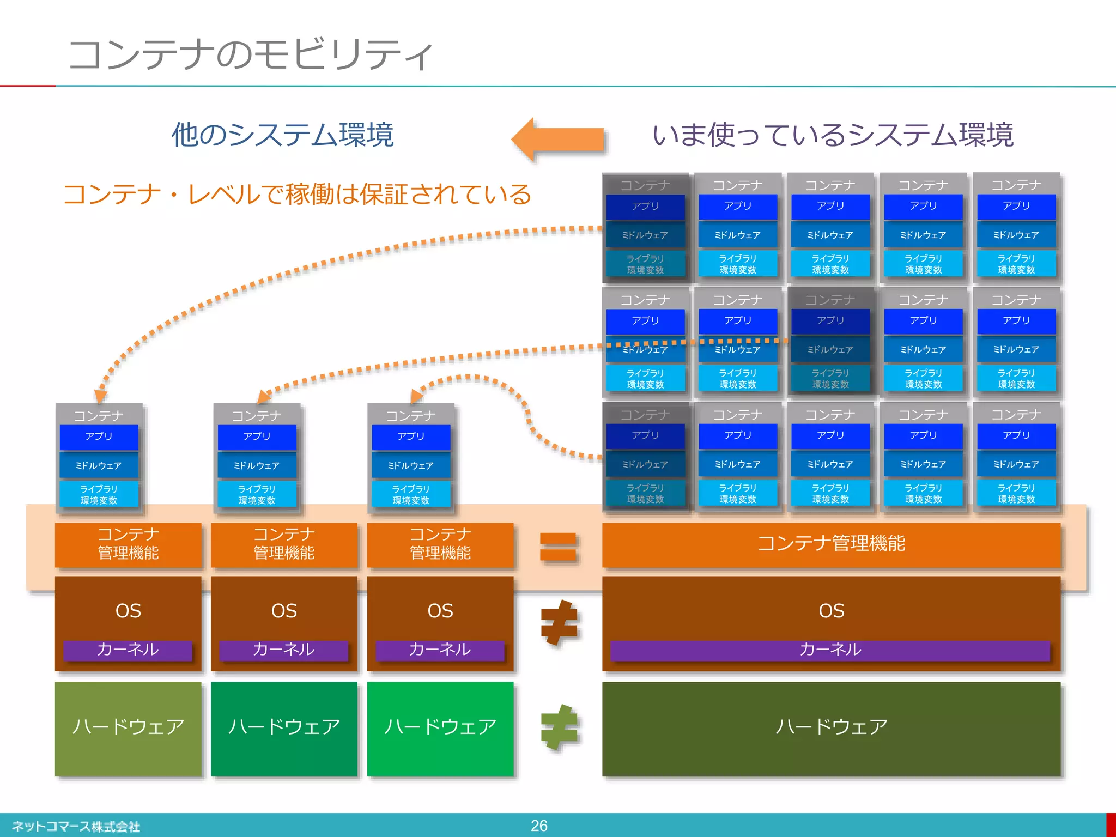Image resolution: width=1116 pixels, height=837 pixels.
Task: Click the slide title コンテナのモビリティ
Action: [x=251, y=54]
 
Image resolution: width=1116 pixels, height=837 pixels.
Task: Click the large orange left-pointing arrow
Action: [x=559, y=139]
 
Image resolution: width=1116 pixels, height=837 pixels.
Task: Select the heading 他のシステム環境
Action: [x=282, y=135]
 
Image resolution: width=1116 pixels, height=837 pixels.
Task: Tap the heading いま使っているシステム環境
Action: [x=833, y=135]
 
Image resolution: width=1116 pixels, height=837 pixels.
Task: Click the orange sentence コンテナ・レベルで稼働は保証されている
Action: [x=297, y=195]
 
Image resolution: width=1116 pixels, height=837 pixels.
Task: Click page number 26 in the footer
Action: [x=539, y=826]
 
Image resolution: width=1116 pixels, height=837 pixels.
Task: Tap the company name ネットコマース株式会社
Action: [x=76, y=827]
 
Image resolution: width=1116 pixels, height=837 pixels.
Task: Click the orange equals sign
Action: [x=558, y=547]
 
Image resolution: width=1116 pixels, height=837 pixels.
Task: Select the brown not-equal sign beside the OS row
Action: [x=559, y=622]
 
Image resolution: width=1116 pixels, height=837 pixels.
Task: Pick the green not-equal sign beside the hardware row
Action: [x=559, y=727]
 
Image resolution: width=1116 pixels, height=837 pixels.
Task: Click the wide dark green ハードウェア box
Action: [x=831, y=728]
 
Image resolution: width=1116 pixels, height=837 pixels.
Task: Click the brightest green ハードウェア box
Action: [x=440, y=728]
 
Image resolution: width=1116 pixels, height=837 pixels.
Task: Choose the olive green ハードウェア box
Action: [x=128, y=728]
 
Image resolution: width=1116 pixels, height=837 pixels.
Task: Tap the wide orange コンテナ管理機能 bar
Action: [x=831, y=544]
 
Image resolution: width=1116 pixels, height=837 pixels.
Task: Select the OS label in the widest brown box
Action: [x=831, y=610]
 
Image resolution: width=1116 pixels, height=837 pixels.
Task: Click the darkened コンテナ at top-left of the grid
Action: [x=645, y=186]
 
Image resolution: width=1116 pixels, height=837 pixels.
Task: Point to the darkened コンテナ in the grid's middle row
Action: [x=830, y=300]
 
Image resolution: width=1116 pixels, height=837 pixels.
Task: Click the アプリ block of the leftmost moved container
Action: [x=99, y=437]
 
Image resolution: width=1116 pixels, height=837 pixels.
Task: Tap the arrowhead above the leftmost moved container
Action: [x=101, y=396]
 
